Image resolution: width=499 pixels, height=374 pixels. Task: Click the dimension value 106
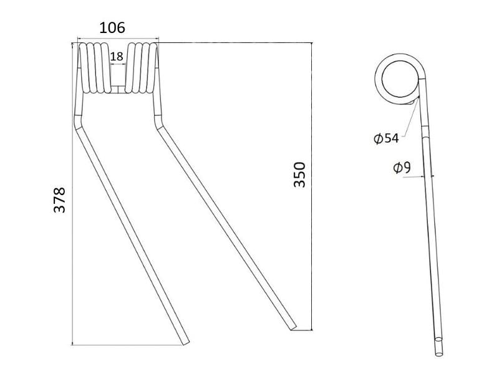coord(112,28)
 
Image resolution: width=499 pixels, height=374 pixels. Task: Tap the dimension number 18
coord(117,56)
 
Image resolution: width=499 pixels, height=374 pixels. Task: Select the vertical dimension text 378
coord(59,199)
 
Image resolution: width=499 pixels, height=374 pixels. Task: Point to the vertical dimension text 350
coord(299,175)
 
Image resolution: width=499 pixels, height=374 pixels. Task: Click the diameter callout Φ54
coord(386,138)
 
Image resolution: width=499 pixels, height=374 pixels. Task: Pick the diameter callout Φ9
coord(402,168)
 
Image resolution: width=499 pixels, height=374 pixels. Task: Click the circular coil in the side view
coord(398,80)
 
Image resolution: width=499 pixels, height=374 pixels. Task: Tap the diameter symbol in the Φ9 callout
coord(396,168)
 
